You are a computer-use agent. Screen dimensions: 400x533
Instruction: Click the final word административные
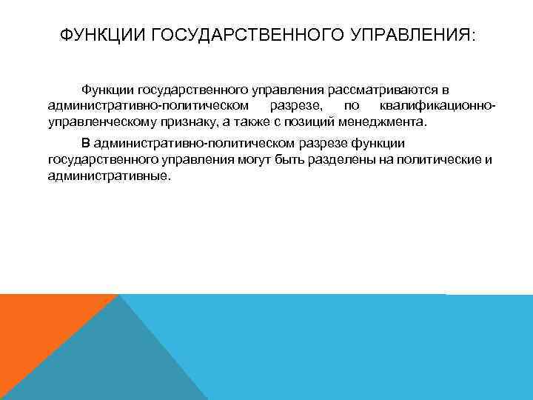[x=108, y=176]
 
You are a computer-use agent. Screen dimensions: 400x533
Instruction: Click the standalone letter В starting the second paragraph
[x=86, y=144]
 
